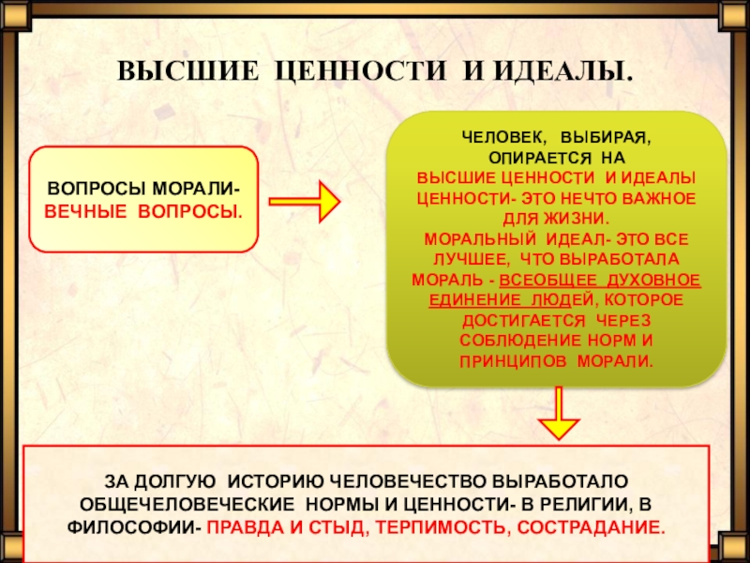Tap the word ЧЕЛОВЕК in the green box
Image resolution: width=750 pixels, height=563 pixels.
click(496, 138)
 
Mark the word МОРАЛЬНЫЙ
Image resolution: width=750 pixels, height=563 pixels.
click(470, 238)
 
